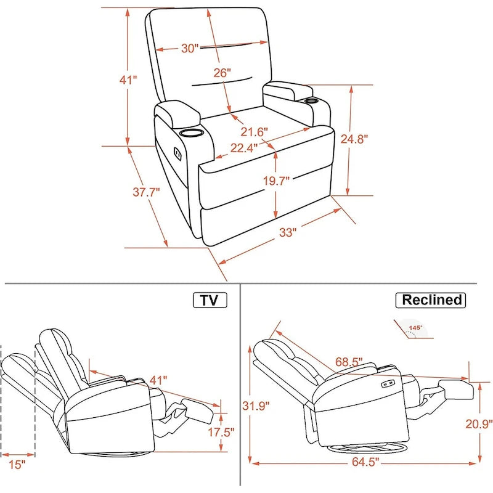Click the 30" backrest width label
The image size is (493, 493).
(190, 48)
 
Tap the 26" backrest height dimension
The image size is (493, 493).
(222, 73)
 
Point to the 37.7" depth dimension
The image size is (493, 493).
(146, 192)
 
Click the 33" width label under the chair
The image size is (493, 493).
(288, 232)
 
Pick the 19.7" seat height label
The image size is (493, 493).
(275, 180)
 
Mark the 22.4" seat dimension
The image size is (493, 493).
(244, 147)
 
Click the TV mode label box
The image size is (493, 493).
(210, 300)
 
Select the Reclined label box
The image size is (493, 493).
(431, 300)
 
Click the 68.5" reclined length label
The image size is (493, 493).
(349, 361)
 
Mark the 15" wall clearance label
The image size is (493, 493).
(18, 464)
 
